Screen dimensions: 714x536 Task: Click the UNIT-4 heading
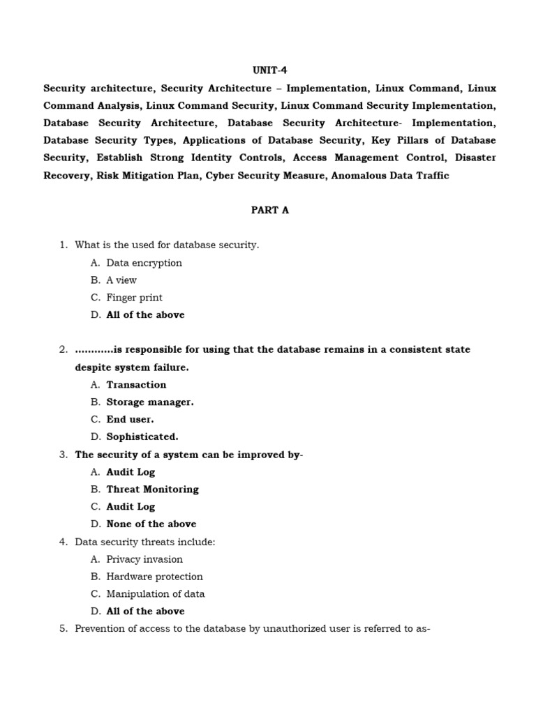[269, 71]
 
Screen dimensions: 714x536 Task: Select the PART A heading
[269, 211]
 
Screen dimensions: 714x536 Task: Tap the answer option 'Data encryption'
[144, 263]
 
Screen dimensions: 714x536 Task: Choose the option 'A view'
[121, 280]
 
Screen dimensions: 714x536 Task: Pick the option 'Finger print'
[134, 298]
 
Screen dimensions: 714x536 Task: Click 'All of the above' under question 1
[145, 315]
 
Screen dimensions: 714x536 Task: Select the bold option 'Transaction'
[136, 385]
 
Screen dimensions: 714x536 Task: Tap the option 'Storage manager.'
[150, 402]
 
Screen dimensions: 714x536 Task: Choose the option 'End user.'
[130, 420]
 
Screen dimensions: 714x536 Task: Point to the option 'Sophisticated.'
[142, 437]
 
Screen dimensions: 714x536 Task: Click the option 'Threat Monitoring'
[152, 489]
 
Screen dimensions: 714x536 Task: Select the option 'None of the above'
[151, 524]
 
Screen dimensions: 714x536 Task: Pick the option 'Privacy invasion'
[144, 559]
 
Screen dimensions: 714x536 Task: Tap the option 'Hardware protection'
[154, 577]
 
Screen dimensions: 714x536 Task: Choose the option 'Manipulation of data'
[155, 594]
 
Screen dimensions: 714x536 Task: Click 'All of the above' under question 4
[145, 612]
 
